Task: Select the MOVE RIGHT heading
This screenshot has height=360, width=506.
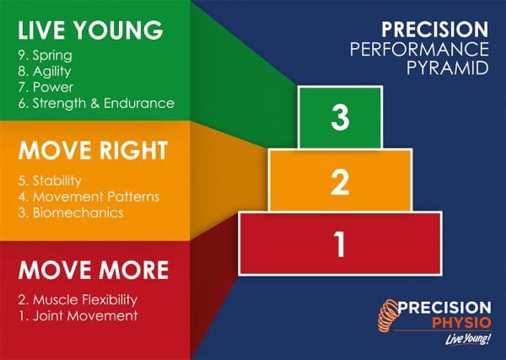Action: point(93,152)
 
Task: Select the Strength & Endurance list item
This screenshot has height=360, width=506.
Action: point(95,103)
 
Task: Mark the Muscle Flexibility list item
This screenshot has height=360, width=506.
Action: point(77,299)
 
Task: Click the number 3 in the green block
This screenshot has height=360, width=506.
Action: point(340,119)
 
